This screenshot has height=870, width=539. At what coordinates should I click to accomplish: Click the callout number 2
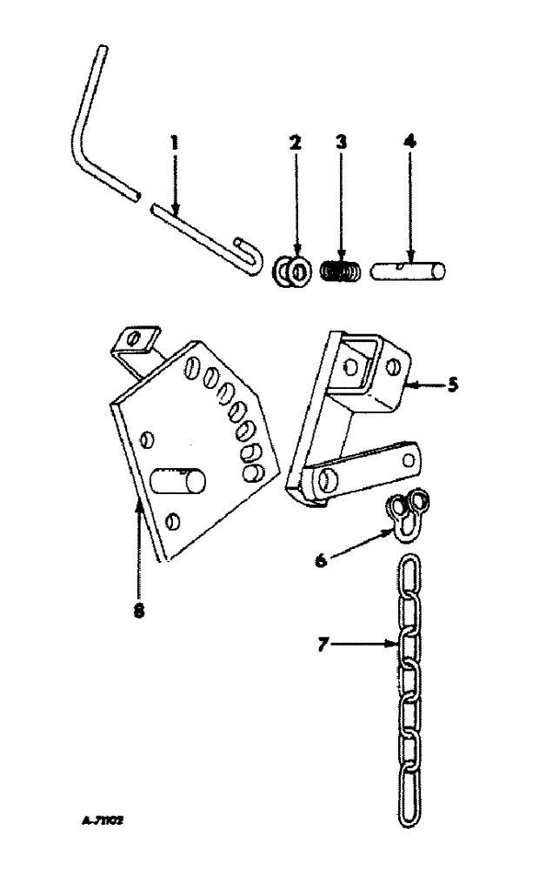pyautogui.click(x=296, y=142)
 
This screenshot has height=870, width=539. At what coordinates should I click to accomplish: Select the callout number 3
pyautogui.click(x=342, y=142)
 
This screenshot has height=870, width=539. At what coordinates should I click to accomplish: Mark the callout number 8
pyautogui.click(x=139, y=610)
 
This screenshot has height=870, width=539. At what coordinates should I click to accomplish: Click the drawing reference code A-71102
pyautogui.click(x=102, y=820)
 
